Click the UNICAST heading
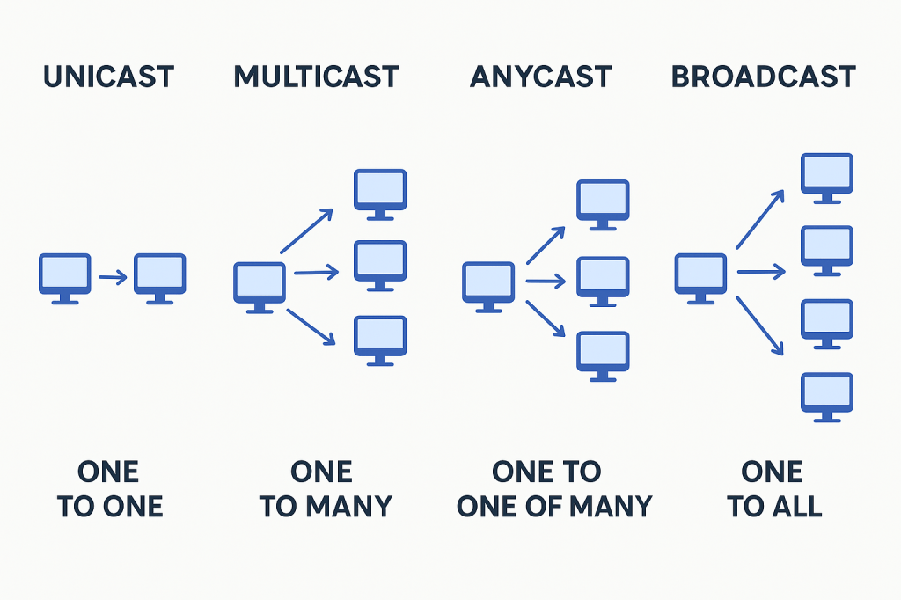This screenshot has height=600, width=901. click(x=109, y=77)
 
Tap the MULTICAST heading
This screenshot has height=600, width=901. click(x=316, y=77)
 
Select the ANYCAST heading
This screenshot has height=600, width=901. click(x=540, y=77)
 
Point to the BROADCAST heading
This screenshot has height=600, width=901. click(x=763, y=77)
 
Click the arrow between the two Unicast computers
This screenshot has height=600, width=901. click(x=113, y=278)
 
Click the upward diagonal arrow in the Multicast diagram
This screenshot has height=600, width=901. click(x=306, y=231)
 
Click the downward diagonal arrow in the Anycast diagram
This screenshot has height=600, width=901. click(x=546, y=318)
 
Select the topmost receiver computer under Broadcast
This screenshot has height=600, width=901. click(x=826, y=177)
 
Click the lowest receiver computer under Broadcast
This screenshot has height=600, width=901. click(x=826, y=397)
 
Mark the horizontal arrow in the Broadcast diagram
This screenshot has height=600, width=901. click(x=761, y=273)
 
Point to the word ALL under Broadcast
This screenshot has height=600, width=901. click(x=796, y=507)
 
